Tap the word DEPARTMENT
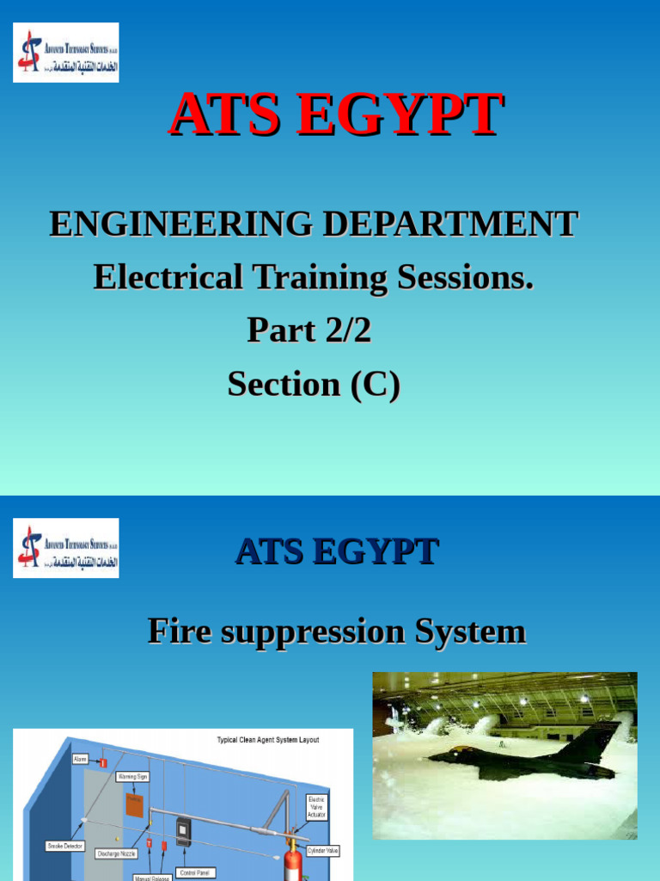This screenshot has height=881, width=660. [x=449, y=225]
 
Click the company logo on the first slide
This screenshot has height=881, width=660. [x=66, y=53]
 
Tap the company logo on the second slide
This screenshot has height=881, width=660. [x=66, y=548]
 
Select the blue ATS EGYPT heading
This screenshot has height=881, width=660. [x=337, y=551]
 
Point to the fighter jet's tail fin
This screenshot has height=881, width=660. [x=602, y=740]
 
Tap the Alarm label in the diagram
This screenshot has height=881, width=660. [x=81, y=760]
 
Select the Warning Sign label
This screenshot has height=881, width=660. [x=132, y=776]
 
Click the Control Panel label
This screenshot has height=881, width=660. [x=197, y=872]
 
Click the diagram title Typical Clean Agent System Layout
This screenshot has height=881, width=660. [x=267, y=740]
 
